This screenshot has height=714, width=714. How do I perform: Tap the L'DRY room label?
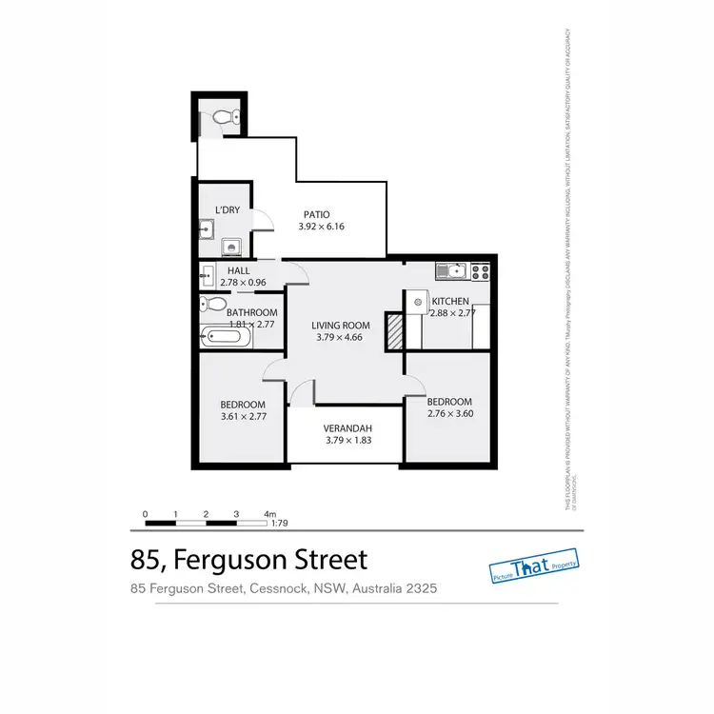(228, 209)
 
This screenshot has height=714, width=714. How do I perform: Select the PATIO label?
(317, 214)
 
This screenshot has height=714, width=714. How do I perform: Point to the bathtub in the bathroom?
(227, 337)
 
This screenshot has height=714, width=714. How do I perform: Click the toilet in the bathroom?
(213, 306)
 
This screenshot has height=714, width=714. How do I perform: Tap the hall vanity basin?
(208, 279)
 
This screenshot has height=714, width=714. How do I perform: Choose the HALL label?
(238, 271)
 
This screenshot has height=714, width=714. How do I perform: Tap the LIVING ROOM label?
(341, 325)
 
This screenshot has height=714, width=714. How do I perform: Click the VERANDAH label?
(347, 427)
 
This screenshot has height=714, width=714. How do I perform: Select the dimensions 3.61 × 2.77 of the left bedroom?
(243, 417)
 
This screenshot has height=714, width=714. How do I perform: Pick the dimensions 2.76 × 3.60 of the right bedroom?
(449, 414)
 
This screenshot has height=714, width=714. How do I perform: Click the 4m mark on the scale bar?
(269, 514)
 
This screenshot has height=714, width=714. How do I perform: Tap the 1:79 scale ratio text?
(280, 523)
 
